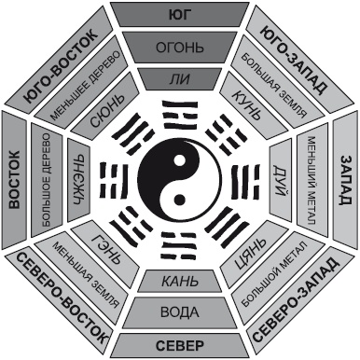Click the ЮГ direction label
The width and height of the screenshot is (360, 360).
(x=180, y=15)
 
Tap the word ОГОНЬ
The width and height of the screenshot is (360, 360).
(x=180, y=48)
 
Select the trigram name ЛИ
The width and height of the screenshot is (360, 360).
(x=180, y=79)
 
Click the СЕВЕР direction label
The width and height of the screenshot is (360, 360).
(x=180, y=345)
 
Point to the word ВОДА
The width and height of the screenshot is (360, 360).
(x=180, y=312)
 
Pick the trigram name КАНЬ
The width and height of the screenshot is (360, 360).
(x=180, y=282)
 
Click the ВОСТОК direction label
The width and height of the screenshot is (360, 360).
(x=14, y=180)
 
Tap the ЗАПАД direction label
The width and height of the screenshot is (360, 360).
(x=346, y=180)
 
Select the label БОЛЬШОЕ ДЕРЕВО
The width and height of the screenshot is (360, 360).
(x=46, y=180)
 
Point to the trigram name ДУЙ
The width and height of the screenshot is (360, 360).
(x=281, y=180)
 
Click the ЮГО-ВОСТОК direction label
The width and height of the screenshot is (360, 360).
(x=62, y=65)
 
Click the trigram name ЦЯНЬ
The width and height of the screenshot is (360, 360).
(x=250, y=255)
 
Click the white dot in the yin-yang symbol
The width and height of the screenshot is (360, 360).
(x=178, y=161)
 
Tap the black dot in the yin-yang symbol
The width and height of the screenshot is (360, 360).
(x=179, y=199)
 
